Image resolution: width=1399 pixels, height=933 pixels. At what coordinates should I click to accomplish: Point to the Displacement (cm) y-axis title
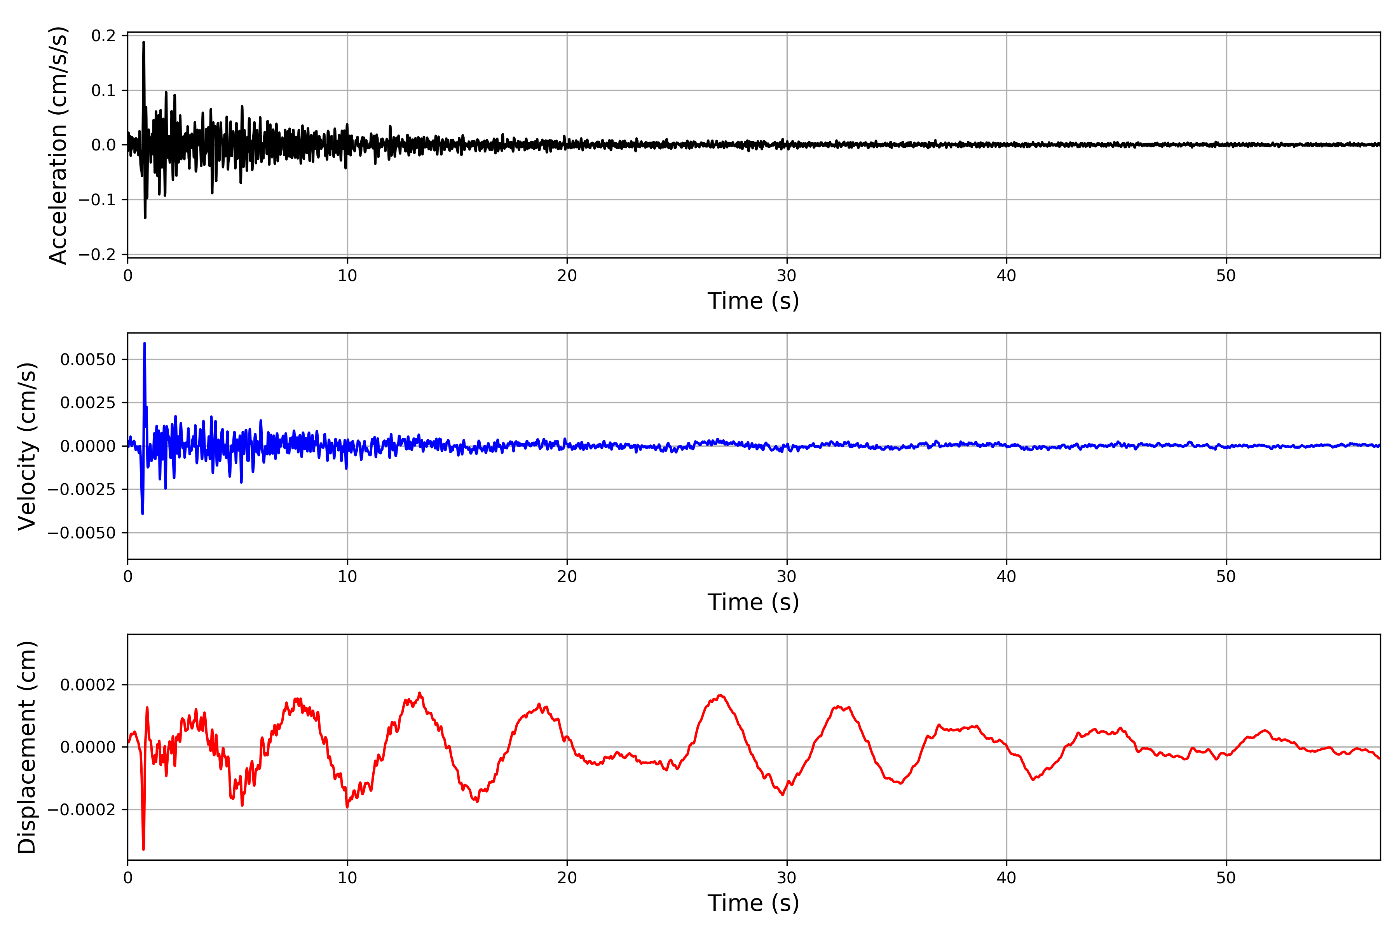click(x=27, y=747)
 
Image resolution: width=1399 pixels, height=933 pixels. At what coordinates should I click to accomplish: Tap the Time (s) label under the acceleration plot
click(x=753, y=301)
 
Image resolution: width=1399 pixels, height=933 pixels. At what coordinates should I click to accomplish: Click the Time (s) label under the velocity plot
click(x=753, y=602)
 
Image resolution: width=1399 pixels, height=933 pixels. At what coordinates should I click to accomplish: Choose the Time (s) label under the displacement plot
click(x=753, y=903)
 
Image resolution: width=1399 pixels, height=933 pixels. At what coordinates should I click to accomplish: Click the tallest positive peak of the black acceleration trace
click(x=143, y=42)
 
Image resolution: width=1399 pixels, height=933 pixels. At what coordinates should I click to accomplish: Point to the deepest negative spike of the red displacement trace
click(x=143, y=849)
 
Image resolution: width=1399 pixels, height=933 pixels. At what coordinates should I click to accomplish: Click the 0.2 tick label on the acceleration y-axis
click(x=103, y=36)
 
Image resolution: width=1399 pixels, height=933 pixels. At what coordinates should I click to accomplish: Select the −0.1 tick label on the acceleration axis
click(x=98, y=200)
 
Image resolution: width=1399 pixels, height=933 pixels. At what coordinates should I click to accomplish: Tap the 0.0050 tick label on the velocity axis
click(x=88, y=359)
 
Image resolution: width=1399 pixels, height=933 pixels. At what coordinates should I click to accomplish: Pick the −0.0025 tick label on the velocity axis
click(x=82, y=490)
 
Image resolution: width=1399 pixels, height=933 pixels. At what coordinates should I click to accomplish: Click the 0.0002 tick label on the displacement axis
click(x=88, y=685)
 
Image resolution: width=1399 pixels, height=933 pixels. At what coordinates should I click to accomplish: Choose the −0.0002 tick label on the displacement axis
click(x=82, y=810)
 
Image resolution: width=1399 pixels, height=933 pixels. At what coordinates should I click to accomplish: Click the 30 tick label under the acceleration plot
click(x=786, y=276)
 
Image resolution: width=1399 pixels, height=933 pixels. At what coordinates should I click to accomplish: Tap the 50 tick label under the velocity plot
click(x=1226, y=577)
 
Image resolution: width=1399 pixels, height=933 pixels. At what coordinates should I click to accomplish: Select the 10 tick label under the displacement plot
click(x=347, y=878)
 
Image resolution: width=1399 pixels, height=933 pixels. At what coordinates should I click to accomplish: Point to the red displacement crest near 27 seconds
click(x=721, y=695)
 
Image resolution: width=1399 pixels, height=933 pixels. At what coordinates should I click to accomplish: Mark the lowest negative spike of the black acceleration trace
click(x=145, y=218)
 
